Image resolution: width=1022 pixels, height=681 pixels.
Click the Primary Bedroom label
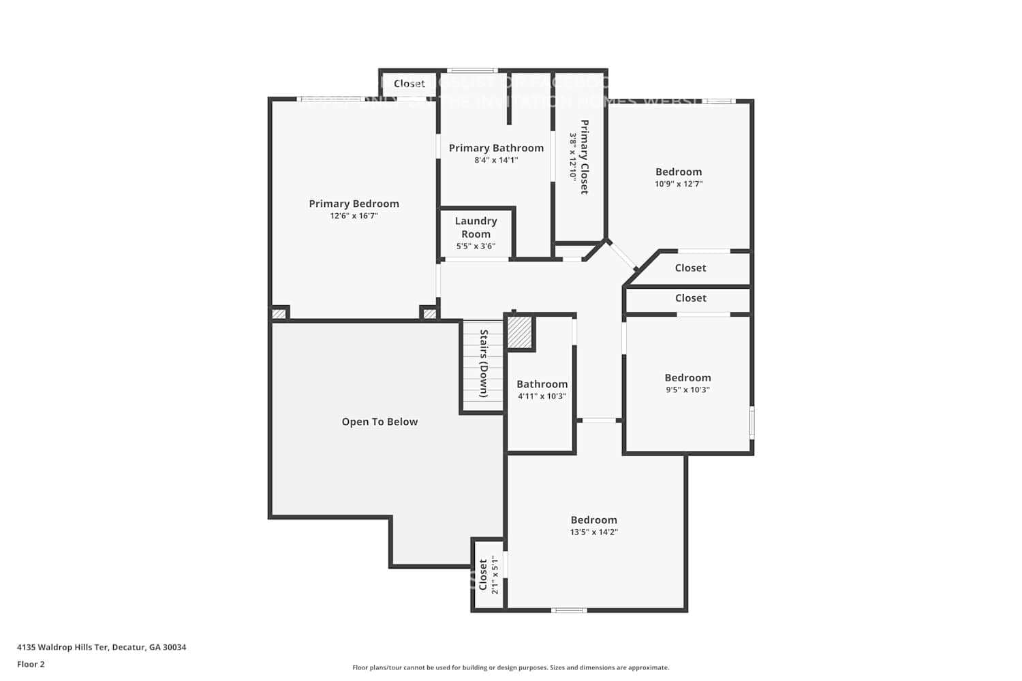(x=354, y=204)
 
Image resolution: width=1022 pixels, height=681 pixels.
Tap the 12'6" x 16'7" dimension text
(x=354, y=216)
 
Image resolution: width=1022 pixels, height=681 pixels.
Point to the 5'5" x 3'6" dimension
(x=476, y=247)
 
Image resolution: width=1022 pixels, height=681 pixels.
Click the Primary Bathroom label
(x=496, y=148)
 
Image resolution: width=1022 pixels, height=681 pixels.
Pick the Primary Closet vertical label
(x=584, y=157)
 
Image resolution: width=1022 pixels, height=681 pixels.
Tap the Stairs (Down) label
(x=484, y=364)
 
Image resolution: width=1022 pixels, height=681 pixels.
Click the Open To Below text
(x=380, y=422)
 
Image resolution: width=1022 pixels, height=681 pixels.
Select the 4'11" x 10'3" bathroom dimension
(x=542, y=396)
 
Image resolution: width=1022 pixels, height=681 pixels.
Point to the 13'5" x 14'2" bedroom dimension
(x=593, y=533)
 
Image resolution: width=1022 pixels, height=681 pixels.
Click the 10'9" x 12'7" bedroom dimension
(x=679, y=184)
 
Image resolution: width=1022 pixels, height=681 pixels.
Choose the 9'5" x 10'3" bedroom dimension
(x=687, y=390)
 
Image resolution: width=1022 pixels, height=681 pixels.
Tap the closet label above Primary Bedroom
(x=409, y=84)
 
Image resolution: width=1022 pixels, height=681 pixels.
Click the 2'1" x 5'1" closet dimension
(x=495, y=575)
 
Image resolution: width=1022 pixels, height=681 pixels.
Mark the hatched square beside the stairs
(x=519, y=332)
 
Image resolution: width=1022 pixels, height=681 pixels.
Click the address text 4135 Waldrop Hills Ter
(x=102, y=647)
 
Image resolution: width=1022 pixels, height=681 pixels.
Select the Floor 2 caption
(x=31, y=664)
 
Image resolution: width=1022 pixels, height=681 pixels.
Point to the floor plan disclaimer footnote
(x=510, y=667)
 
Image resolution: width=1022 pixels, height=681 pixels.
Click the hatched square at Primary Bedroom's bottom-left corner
(x=279, y=314)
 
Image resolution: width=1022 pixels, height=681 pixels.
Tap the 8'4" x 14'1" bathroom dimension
(x=496, y=161)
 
